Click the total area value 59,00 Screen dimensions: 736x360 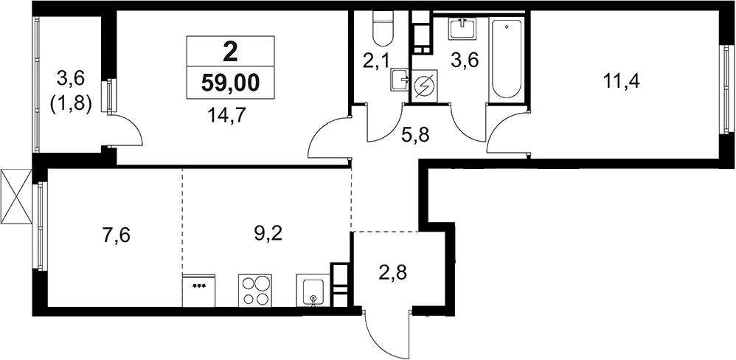tap(230, 83)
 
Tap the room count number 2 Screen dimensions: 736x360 tap(230, 52)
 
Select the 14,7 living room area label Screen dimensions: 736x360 tap(230, 114)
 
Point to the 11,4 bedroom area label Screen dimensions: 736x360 tap(623, 83)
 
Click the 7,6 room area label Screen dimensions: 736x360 tap(116, 234)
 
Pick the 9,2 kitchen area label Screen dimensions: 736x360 tap(268, 233)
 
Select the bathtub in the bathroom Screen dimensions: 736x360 tap(507, 59)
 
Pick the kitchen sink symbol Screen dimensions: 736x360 tap(312, 291)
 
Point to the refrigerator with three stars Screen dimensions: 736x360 tap(199, 291)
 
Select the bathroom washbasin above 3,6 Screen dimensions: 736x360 tap(464, 30)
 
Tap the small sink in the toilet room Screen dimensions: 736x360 tap(400, 80)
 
